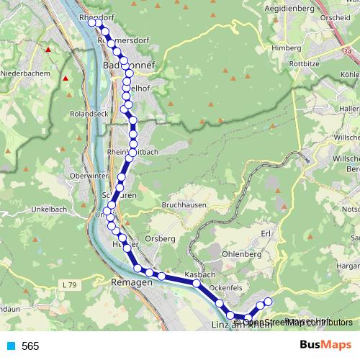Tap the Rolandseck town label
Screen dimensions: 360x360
[x=90, y=114]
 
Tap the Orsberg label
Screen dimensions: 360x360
[x=160, y=238]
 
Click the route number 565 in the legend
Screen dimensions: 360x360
[x=30, y=346]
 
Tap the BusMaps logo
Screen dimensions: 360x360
[x=325, y=346]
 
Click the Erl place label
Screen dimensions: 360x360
[x=266, y=233]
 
